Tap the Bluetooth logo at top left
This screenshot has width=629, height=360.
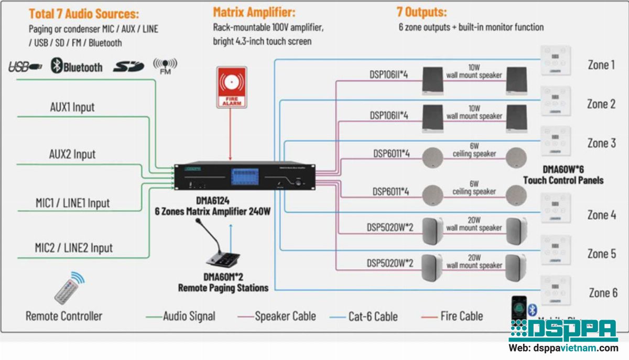click(77, 67)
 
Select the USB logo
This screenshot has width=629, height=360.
click(25, 67)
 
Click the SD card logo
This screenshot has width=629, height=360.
click(128, 67)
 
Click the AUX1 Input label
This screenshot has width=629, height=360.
click(72, 107)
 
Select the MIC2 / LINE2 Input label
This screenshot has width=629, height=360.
click(73, 248)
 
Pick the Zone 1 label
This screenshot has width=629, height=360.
click(601, 65)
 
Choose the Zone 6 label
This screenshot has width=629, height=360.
click(603, 293)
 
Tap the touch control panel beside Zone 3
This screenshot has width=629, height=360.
click(555, 141)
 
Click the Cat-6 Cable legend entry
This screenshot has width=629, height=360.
click(373, 317)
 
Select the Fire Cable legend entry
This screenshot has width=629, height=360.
click(461, 316)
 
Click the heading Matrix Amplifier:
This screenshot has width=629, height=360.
click(254, 12)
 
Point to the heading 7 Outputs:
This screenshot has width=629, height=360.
click(422, 12)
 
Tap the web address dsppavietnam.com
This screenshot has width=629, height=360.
click(563, 348)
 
